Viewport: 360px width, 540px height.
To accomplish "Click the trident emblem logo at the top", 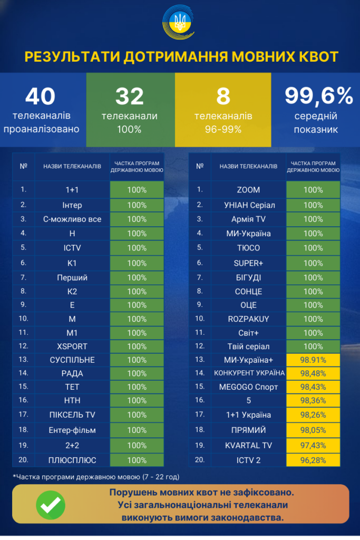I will pyautogui.click(x=180, y=23).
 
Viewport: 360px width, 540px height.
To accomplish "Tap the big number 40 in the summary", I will pyautogui.click(x=40, y=96).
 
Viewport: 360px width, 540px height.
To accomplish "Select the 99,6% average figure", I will pyautogui.click(x=318, y=96).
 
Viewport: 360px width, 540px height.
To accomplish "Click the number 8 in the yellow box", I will pyautogui.click(x=223, y=96).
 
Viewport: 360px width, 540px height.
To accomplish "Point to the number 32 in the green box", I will pyautogui.click(x=130, y=96).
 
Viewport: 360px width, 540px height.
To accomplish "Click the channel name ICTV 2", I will pyautogui.click(x=248, y=459).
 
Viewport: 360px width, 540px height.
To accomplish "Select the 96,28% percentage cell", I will pyautogui.click(x=313, y=459).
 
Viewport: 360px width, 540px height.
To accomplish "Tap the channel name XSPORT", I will pyautogui.click(x=72, y=346).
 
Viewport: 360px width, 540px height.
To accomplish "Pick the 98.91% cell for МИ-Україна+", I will pyautogui.click(x=313, y=360).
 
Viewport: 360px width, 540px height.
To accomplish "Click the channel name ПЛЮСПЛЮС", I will pyautogui.click(x=72, y=460).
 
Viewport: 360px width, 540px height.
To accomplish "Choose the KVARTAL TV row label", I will pyautogui.click(x=248, y=445).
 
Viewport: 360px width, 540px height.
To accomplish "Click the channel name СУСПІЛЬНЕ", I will pyautogui.click(x=72, y=360).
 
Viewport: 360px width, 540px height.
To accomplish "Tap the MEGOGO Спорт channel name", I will pyautogui.click(x=248, y=387).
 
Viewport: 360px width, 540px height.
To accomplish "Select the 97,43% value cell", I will pyautogui.click(x=313, y=445).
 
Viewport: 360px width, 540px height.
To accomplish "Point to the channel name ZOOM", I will pyautogui.click(x=248, y=190).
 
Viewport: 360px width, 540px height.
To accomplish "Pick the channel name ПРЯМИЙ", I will pyautogui.click(x=248, y=430).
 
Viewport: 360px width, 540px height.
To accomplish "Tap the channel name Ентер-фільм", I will pyautogui.click(x=72, y=430).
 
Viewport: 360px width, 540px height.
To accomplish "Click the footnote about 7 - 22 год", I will pyautogui.click(x=96, y=477).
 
